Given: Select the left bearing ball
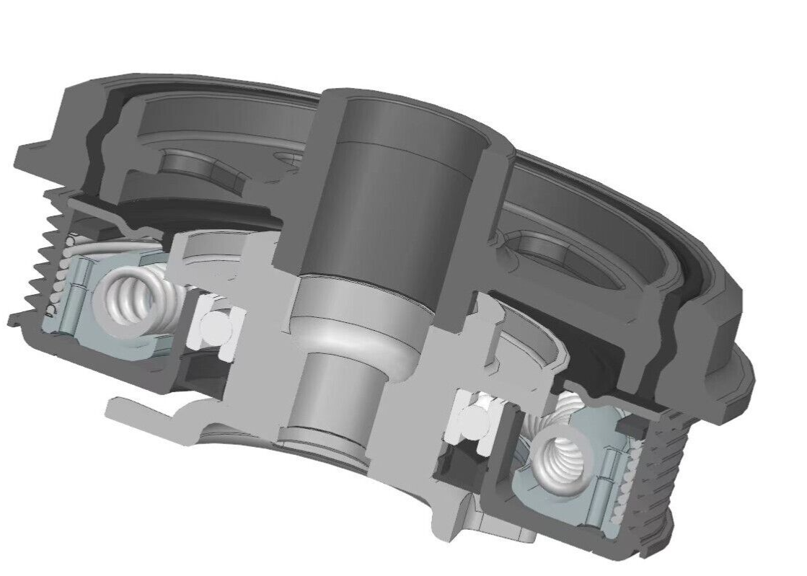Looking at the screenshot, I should click(x=214, y=329).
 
